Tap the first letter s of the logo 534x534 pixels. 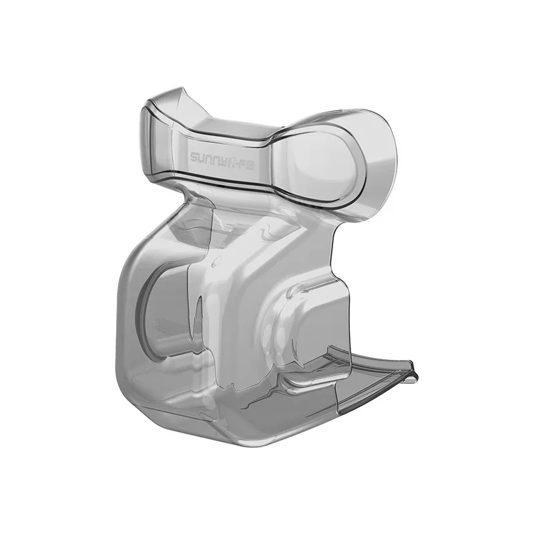194,159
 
